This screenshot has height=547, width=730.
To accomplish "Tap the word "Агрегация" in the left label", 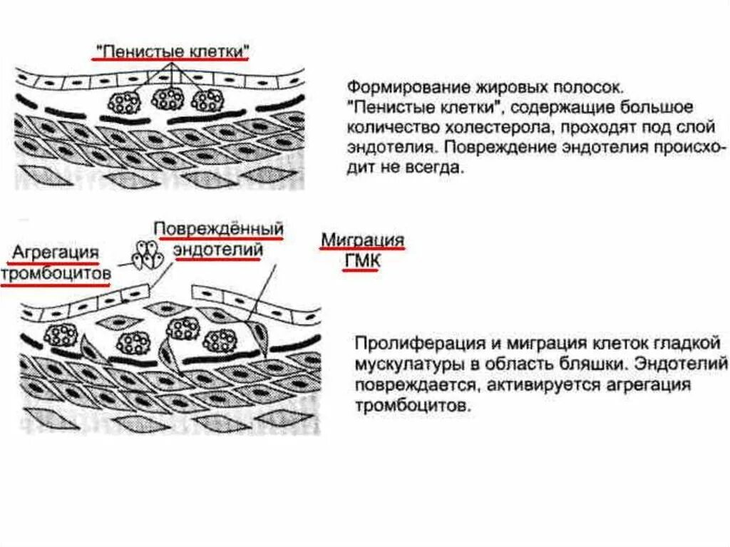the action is click(54, 253).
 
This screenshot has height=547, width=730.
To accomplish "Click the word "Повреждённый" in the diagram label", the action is click(220, 230).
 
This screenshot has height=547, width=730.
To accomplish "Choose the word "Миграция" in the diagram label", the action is click(362, 240).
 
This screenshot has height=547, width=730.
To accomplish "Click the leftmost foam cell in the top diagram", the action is click(123, 101).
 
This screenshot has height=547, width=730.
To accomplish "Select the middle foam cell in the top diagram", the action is click(168, 98).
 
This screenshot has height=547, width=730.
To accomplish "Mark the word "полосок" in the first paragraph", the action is click(589, 88).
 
